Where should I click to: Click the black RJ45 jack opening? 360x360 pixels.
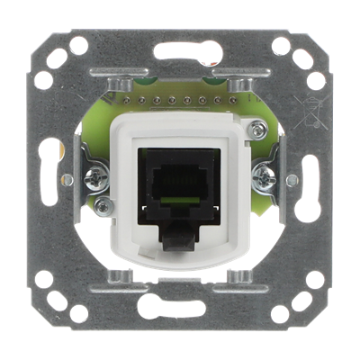(x=180, y=175)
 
